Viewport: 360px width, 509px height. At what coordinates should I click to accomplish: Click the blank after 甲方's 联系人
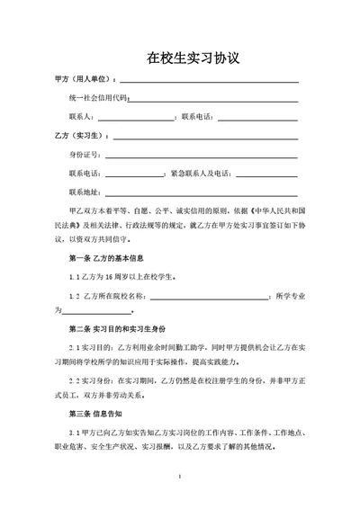(x=135, y=117)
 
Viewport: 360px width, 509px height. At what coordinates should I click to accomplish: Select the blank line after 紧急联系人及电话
(x=265, y=174)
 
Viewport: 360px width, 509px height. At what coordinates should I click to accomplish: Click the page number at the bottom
(x=182, y=476)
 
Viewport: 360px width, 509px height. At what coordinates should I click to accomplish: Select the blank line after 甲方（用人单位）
(x=209, y=81)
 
